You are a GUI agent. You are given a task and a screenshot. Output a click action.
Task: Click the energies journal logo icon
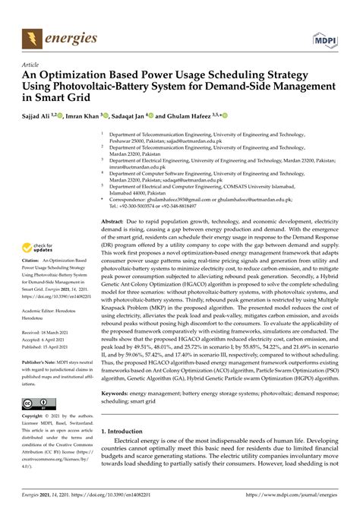point(31,36)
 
